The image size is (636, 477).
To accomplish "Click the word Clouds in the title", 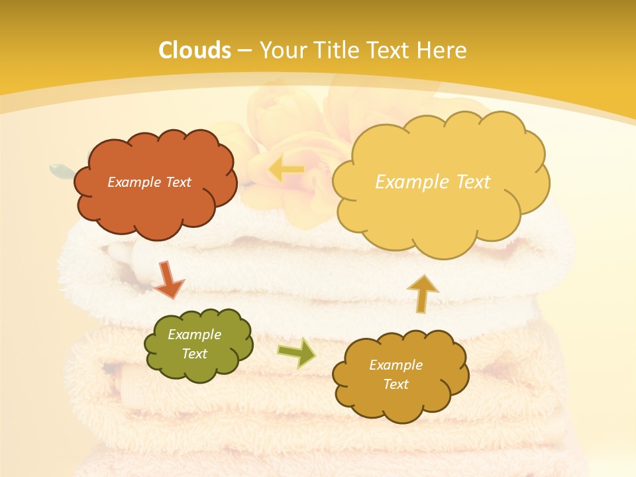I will coord(195,50).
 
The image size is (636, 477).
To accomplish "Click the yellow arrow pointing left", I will coord(286,170).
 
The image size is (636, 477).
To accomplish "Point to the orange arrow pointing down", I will coord(168,279).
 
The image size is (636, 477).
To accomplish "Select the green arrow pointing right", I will coord(296,352).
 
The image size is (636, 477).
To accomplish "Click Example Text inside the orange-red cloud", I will coord(149,182).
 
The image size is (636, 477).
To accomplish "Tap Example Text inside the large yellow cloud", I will coord(433,182).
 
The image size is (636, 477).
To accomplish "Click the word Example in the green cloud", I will coord(194,335).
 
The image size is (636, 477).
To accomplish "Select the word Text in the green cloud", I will coord(194,354).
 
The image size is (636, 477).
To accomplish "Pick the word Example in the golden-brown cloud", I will coord(396,365).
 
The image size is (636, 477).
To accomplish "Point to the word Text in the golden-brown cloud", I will coord(396,384).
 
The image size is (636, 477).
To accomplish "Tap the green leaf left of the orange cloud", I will coord(61,170).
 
